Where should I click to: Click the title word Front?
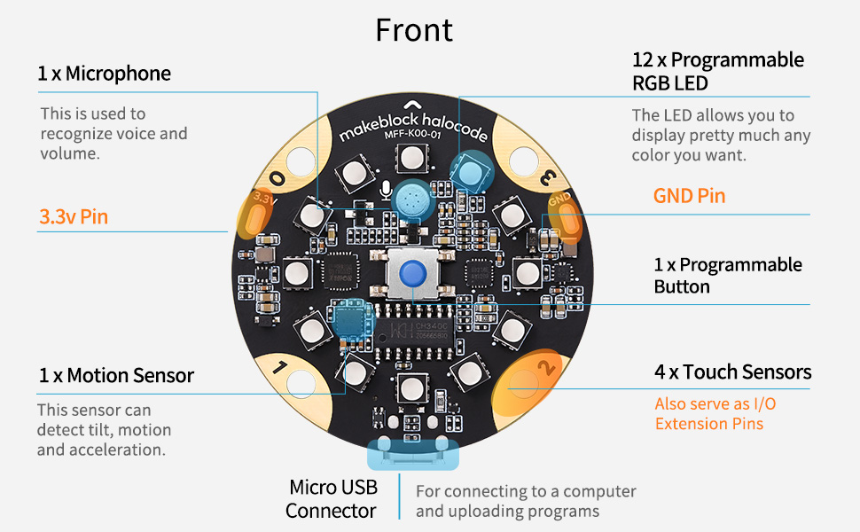click(x=414, y=30)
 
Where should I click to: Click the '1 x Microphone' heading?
click(x=104, y=73)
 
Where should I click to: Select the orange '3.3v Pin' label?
click(x=74, y=216)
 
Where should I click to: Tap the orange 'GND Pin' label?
click(x=689, y=196)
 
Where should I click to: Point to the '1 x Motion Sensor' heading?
click(x=116, y=375)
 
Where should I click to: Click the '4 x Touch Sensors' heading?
click(x=732, y=372)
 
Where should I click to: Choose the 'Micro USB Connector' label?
click(x=332, y=498)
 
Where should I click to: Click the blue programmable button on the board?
click(x=410, y=274)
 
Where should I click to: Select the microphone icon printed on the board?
click(x=385, y=188)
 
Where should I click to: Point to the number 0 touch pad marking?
click(x=278, y=177)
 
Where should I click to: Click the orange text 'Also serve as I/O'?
click(x=715, y=403)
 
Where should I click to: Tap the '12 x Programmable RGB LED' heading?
click(x=717, y=71)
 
